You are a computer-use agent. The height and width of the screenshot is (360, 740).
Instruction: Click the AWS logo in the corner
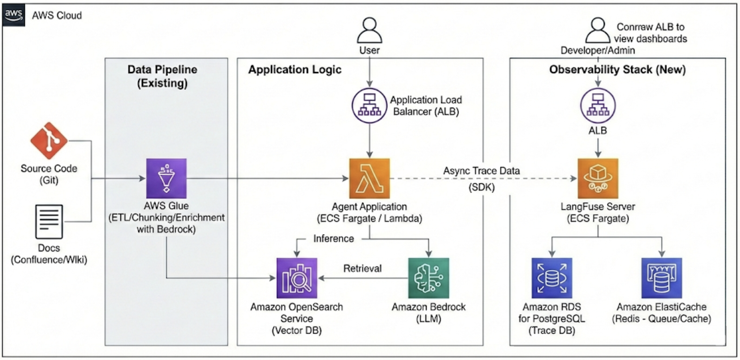coord(14,15)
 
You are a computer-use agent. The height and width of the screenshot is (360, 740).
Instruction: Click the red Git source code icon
coord(49,141)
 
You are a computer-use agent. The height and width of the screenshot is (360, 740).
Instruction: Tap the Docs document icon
coord(49,221)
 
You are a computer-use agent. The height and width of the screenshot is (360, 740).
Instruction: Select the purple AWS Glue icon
coord(166,178)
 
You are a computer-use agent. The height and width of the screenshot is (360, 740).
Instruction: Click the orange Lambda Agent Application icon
coord(369,178)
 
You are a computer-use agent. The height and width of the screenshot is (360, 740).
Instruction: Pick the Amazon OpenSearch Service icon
coord(297,278)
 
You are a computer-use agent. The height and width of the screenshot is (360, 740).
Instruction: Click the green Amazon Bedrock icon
coord(428,278)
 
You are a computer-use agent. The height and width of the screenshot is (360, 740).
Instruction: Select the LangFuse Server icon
coord(598,178)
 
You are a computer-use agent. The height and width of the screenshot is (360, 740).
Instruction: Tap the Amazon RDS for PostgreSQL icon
coord(552,278)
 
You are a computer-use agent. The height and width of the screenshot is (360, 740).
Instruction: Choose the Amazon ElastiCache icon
coord(661,278)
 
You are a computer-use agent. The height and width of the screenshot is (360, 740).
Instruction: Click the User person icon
coord(369,30)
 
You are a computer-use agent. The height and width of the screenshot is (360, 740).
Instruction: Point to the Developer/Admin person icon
coord(598,30)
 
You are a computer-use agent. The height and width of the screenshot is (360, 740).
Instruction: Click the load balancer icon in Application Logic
coord(369,106)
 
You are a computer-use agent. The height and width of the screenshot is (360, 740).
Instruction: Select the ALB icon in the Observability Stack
coord(598,106)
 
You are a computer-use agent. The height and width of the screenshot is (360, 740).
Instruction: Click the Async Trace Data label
coord(481,171)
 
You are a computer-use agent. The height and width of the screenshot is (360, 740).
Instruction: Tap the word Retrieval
coord(362,268)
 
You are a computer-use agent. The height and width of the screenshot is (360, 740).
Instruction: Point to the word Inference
coord(333,238)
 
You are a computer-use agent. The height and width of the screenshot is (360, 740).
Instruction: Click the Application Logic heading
coord(295,70)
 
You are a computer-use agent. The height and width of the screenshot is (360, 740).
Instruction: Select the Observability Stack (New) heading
coord(617,70)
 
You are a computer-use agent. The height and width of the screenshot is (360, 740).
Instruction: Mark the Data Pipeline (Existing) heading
coord(162,76)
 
